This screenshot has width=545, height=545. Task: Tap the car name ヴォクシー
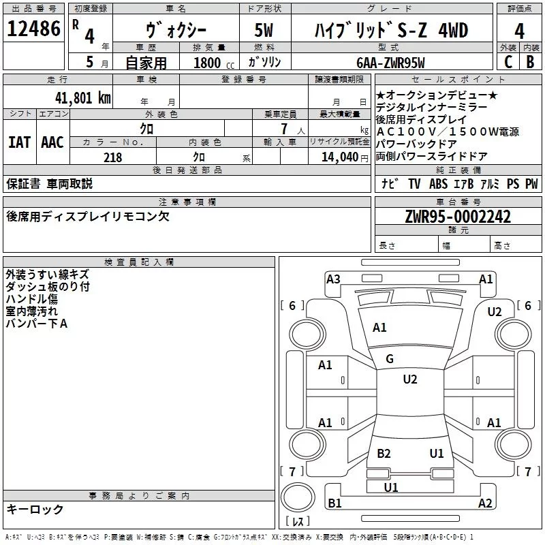pyautogui.click(x=176, y=31)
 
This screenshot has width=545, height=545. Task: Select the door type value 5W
pyautogui.click(x=265, y=31)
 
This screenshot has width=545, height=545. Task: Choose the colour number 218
pyautogui.click(x=113, y=157)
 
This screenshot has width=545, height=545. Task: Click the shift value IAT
pyautogui.click(x=19, y=142)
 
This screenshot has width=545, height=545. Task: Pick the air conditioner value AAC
pyautogui.click(x=52, y=142)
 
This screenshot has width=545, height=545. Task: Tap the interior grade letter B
pyautogui.click(x=530, y=62)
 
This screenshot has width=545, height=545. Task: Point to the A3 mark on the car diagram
pyautogui.click(x=333, y=279)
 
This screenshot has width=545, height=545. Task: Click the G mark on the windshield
pyautogui.click(x=389, y=359)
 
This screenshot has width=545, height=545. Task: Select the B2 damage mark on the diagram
pyautogui.click(x=384, y=453)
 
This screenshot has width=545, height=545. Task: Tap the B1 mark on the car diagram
pyautogui.click(x=334, y=503)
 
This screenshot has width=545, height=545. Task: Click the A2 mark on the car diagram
pyautogui.click(x=485, y=503)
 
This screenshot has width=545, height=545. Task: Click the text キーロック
pyautogui.click(x=35, y=509)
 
